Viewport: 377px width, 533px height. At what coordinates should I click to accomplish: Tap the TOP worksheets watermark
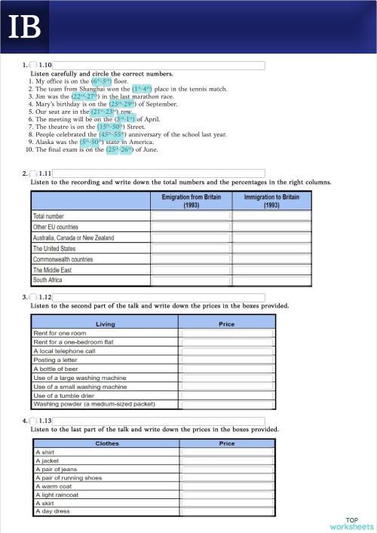click(351, 523)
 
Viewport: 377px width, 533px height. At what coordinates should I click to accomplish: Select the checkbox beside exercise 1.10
click(34, 66)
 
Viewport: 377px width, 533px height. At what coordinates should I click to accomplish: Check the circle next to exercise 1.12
click(34, 297)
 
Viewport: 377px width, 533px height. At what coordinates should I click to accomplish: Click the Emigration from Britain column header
click(192, 201)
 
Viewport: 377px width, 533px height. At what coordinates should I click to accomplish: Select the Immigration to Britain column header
click(271, 201)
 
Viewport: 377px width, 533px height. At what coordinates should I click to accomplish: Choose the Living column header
click(106, 324)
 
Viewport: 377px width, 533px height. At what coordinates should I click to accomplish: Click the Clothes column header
click(106, 443)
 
